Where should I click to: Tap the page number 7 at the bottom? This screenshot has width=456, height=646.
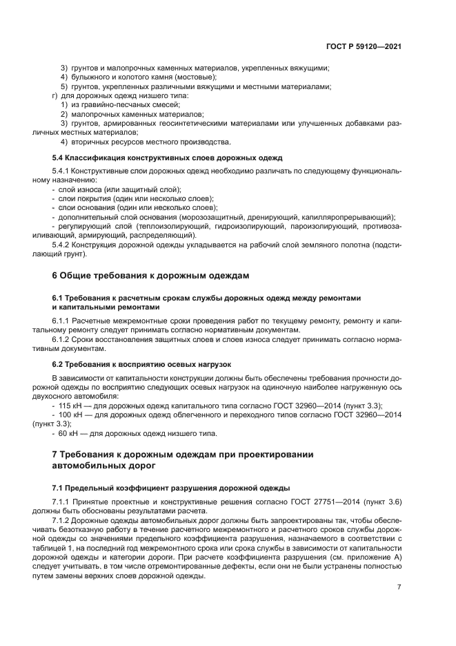[399, 587]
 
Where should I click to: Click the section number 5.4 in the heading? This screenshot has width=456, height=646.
[59, 158]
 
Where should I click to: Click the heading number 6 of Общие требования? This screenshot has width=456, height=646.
[55, 276]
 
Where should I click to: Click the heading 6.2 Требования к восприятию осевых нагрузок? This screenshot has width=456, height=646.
[141, 363]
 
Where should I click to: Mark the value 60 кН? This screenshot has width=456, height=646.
[70, 433]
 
